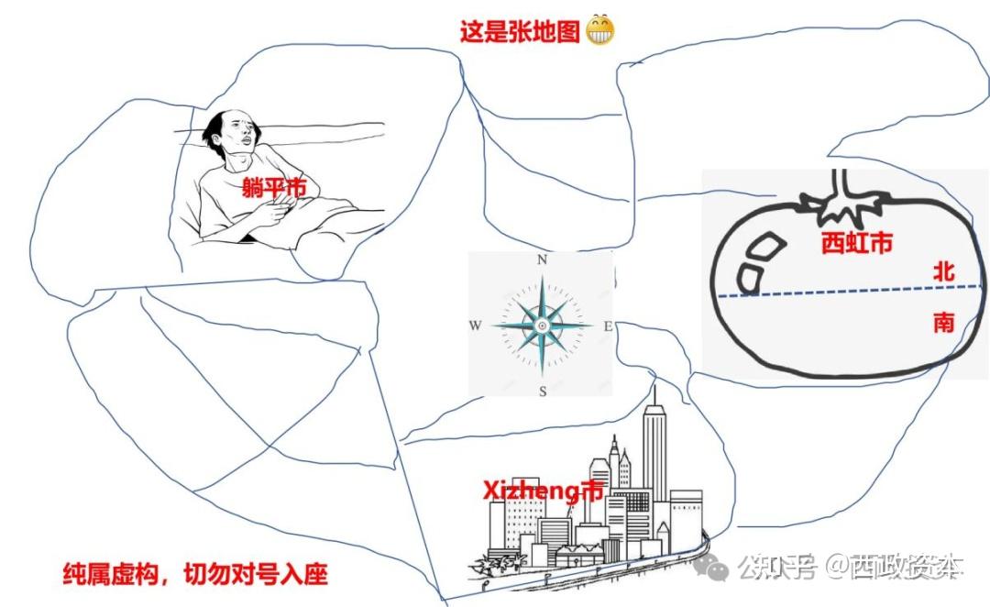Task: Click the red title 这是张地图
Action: point(520,31)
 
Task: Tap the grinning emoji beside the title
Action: point(599,30)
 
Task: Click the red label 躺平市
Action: point(274,188)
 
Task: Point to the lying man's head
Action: point(231,133)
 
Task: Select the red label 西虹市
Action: point(857,243)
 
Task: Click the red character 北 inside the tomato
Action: point(943,272)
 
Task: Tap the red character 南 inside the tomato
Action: point(943,323)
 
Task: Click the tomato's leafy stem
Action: point(842,200)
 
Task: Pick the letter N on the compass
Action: point(542,259)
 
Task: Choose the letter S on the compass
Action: point(543,392)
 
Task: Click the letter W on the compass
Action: point(475,326)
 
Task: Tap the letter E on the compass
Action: point(608,326)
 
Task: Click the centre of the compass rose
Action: point(542,326)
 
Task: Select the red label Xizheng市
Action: point(543,491)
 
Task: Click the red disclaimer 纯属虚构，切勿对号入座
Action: point(195,574)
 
